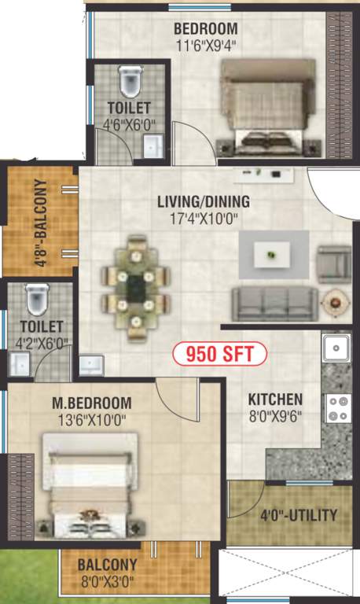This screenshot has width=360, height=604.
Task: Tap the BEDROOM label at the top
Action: [207, 30]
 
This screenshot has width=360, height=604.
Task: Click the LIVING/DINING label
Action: [203, 201]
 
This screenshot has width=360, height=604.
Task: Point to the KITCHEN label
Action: [275, 399]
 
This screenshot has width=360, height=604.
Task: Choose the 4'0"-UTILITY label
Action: [299, 516]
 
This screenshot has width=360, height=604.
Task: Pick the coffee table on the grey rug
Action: [273, 254]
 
